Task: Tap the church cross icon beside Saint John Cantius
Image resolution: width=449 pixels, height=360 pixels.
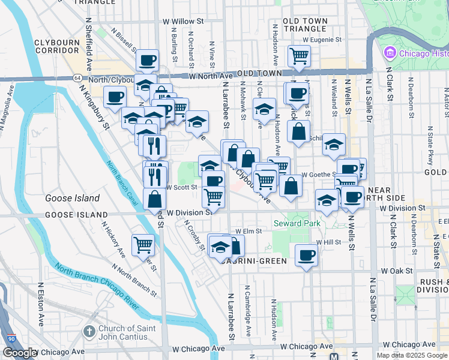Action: point(89,331)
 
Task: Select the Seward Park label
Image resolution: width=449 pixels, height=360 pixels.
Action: point(297,223)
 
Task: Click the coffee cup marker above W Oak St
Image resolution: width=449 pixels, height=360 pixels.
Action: point(307,255)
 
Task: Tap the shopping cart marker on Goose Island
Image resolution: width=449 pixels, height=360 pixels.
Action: point(143,244)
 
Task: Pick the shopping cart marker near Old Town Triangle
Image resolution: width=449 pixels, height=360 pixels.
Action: point(299,56)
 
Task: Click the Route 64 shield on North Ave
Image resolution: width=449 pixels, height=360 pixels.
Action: point(78,78)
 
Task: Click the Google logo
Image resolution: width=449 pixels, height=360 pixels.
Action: point(20,353)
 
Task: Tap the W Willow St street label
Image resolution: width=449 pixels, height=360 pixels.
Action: point(184,22)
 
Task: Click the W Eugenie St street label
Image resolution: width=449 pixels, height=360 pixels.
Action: point(322,40)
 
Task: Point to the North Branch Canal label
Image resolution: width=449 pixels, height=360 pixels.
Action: point(122,184)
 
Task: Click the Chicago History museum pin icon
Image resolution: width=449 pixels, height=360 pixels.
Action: point(390,53)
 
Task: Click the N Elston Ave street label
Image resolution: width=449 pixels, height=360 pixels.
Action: point(41,306)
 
